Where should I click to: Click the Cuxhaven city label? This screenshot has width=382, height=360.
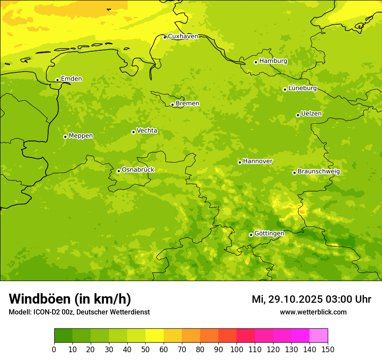click(183, 36)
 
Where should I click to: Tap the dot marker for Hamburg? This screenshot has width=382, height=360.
click(256, 62)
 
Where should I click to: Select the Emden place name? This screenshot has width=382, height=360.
click(71, 79)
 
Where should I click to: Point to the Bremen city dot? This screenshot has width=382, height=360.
click(172, 105)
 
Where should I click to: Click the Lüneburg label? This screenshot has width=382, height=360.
click(302, 88)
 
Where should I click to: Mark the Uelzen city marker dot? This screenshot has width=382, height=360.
click(298, 115)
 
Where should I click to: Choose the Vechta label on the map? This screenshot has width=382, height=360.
click(147, 131)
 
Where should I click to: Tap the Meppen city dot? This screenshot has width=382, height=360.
click(65, 137)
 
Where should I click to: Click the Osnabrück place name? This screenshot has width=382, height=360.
click(138, 170)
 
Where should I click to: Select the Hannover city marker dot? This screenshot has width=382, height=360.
click(240, 162)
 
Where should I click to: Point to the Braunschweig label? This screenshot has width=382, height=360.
click(319, 172)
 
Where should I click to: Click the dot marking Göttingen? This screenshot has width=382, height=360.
click(251, 235)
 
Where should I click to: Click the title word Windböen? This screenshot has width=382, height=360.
click(40, 299)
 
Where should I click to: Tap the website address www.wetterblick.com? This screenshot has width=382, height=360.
click(313, 312)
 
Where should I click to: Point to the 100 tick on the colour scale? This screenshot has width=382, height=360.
click(237, 350)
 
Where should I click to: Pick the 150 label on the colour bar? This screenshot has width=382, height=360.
click(328, 350)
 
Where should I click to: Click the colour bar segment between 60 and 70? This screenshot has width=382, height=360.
click(173, 336)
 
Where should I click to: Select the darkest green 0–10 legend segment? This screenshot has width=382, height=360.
click(63, 336)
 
